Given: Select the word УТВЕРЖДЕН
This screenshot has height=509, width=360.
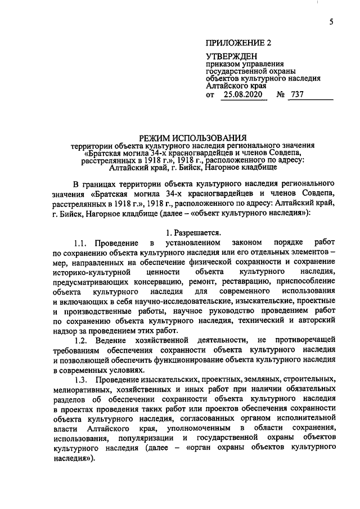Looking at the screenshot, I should pos(232,56).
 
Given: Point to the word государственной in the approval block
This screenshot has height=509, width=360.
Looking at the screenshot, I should pos(238,71).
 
